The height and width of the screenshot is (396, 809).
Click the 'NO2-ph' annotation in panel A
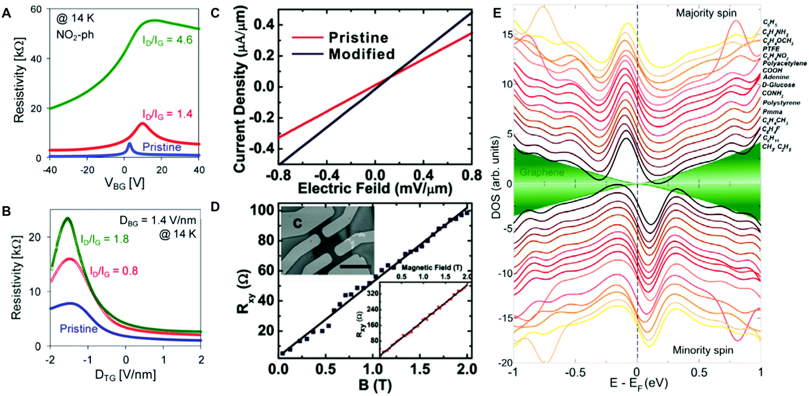(75, 35)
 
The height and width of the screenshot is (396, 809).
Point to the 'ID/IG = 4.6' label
(167, 40)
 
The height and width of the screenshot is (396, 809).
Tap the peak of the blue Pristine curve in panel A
(130, 144)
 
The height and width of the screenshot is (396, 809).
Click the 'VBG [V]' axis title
(124, 183)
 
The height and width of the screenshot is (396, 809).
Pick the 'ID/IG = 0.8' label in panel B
(114, 270)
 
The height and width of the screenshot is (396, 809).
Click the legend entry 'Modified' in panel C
(362, 54)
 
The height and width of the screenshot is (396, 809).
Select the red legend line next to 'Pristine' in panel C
(307, 37)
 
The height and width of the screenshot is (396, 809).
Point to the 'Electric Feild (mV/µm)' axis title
(375, 188)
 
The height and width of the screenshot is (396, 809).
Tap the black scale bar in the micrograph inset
(356, 266)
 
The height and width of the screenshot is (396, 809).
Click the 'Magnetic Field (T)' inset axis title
(431, 267)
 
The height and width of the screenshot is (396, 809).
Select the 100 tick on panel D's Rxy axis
(264, 210)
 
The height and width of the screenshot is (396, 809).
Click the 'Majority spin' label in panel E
(706, 13)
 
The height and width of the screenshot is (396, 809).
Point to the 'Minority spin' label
(703, 350)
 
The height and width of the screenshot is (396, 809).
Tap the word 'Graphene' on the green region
(542, 172)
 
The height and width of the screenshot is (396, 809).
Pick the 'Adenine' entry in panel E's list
(776, 77)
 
